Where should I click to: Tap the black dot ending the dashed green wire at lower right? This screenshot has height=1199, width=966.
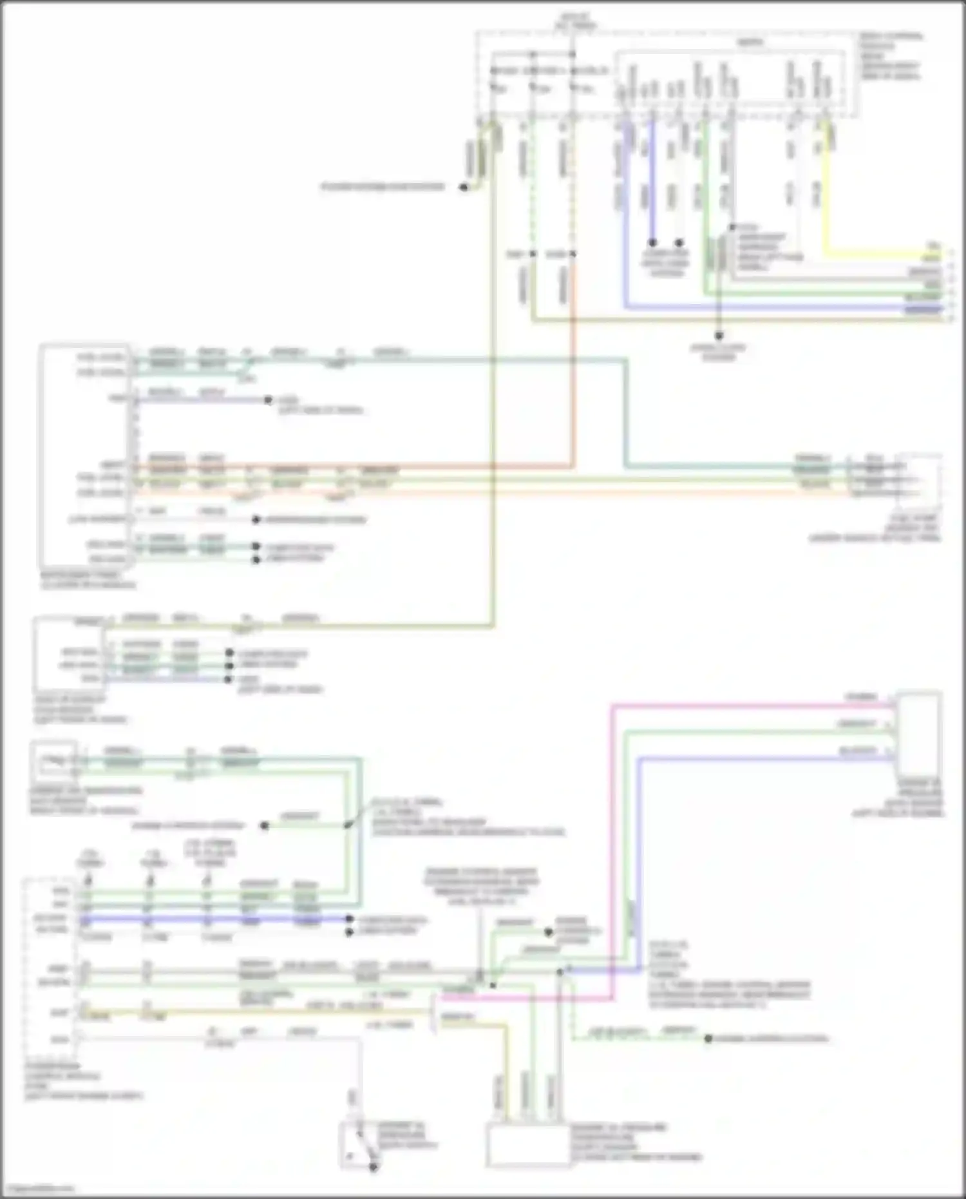click(708, 1039)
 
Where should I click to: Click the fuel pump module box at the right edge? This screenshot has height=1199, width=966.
click(921, 480)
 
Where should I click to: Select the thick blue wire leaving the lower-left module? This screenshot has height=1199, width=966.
click(213, 919)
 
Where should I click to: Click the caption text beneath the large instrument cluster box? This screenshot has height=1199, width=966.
click(87, 580)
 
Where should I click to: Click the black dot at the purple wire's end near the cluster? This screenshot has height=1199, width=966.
click(269, 400)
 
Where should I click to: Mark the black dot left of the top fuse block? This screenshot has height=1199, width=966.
click(463, 187)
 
